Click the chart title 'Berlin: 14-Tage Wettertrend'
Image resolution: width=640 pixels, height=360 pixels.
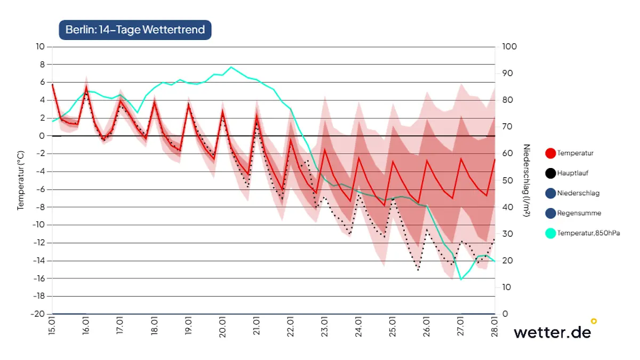pyautogui.click(x=135, y=29)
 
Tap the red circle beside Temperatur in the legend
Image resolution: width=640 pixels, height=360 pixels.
pyautogui.click(x=550, y=153)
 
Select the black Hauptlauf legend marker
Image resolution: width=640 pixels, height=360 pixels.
pyautogui.click(x=550, y=173)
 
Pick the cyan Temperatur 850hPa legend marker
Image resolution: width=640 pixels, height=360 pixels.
pyautogui.click(x=550, y=233)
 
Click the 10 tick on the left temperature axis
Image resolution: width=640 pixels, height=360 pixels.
pyautogui.click(x=41, y=46)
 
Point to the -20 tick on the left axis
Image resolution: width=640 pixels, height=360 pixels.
pyautogui.click(x=38, y=314)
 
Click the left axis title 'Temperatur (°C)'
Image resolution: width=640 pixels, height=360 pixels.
pyautogui.click(x=21, y=180)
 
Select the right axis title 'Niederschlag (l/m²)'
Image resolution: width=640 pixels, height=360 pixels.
pyautogui.click(x=526, y=180)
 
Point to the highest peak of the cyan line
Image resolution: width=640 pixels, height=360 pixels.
pyautogui.click(x=231, y=67)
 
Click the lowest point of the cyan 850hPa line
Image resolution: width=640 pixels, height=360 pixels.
pyautogui.click(x=461, y=279)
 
